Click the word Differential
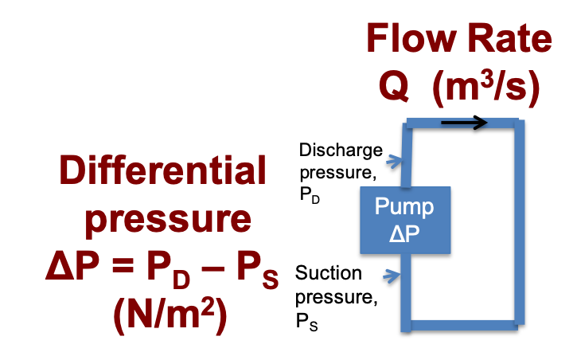click(x=162, y=173)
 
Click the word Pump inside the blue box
click(x=404, y=207)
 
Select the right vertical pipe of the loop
click(x=519, y=223)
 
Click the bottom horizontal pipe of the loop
click(x=462, y=325)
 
